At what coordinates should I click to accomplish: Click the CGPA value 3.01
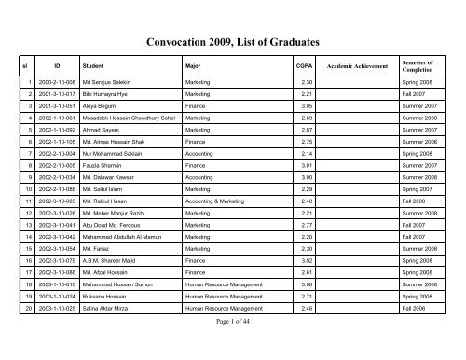coord(295,187)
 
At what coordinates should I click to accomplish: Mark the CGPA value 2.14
coord(295,174)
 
